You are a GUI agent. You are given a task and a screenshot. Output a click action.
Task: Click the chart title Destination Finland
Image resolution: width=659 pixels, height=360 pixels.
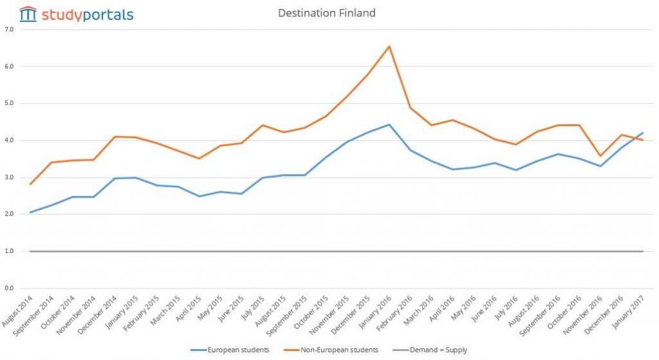point(326,13)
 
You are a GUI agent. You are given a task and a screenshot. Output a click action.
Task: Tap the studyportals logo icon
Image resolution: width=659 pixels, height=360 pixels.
point(28,14)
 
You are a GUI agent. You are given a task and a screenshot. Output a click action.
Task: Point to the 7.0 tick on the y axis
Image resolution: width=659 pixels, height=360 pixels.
point(8,29)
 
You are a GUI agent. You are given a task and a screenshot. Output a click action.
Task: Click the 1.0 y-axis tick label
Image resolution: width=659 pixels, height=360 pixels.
point(8,251)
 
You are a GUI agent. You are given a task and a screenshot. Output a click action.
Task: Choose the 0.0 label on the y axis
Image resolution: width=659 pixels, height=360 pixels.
point(8,289)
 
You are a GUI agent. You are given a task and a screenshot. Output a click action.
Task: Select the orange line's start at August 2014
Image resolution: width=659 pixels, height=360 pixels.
point(30,184)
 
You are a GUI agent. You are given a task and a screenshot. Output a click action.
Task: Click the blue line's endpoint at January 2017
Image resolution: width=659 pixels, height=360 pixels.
point(642,133)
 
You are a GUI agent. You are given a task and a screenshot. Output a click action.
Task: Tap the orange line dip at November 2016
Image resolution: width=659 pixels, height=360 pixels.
point(600,156)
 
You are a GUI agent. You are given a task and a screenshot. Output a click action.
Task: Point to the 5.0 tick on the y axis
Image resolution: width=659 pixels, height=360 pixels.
point(8,103)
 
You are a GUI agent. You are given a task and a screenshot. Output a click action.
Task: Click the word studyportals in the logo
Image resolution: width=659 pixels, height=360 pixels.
point(88,14)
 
